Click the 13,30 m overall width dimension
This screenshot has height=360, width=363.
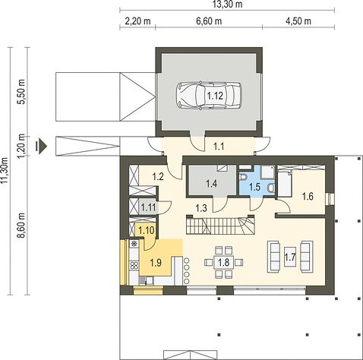coord(227,4)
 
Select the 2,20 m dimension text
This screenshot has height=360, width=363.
coord(137,21)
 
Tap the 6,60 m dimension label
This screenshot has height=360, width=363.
coord(209,21)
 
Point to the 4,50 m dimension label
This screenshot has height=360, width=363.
coord(298,21)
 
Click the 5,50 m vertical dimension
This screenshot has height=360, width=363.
coord(21,92)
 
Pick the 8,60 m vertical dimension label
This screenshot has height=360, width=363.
coord(21,226)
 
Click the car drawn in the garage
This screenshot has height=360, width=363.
coord(209,96)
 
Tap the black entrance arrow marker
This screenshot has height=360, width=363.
coord(42,146)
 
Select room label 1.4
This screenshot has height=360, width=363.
coord(211,184)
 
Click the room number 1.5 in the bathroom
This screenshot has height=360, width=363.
coord(254,187)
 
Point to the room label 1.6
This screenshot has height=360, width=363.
coord(308,196)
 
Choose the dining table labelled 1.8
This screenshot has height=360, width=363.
coord(224,262)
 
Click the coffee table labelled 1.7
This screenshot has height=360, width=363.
coord(290,257)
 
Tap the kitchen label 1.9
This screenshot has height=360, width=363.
coord(156,263)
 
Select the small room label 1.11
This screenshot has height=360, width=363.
coord(148,207)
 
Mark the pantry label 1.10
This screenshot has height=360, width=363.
coord(147,230)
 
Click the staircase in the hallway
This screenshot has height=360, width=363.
coord(220,226)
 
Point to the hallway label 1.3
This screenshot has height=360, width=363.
coord(201,208)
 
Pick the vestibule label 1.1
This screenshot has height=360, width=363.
coord(219,147)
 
